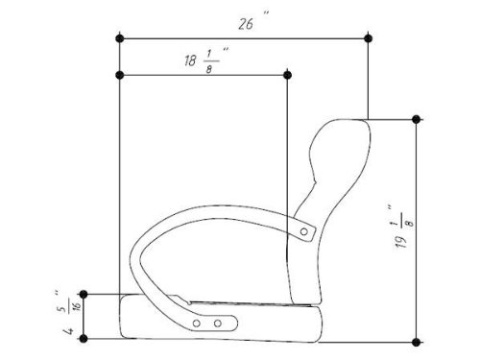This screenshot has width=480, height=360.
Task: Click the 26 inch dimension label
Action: [x=246, y=24]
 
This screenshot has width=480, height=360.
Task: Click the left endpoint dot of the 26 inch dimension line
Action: [x=120, y=38]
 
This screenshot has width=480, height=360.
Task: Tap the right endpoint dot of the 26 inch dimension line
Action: [x=369, y=38]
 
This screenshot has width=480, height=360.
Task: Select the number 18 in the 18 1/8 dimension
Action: [x=190, y=60]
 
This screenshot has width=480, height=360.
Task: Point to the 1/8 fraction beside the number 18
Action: [x=209, y=61]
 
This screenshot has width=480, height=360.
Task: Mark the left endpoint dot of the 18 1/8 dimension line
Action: [x=120, y=75]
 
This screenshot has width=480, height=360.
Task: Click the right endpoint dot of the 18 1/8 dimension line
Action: [x=288, y=75]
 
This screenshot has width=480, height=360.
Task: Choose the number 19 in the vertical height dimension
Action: [x=401, y=242]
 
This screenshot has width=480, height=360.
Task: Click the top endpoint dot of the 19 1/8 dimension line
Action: [x=416, y=119]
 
